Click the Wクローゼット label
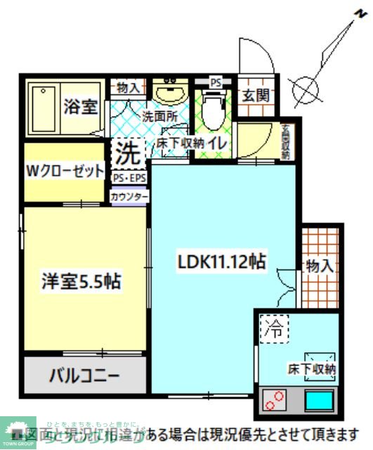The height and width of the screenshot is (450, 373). coord(65,171)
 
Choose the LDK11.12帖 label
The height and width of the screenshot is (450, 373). coord(220,262)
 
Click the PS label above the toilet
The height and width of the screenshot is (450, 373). coord(215,82)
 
